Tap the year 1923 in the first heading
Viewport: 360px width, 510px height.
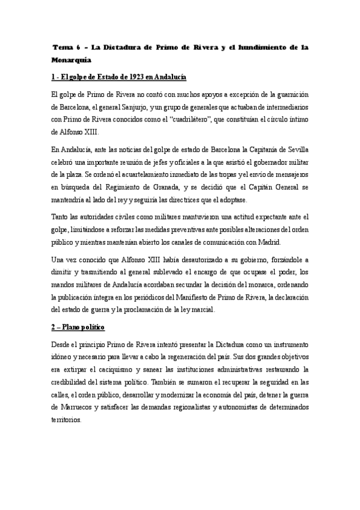135,78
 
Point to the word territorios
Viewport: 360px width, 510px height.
67,420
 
